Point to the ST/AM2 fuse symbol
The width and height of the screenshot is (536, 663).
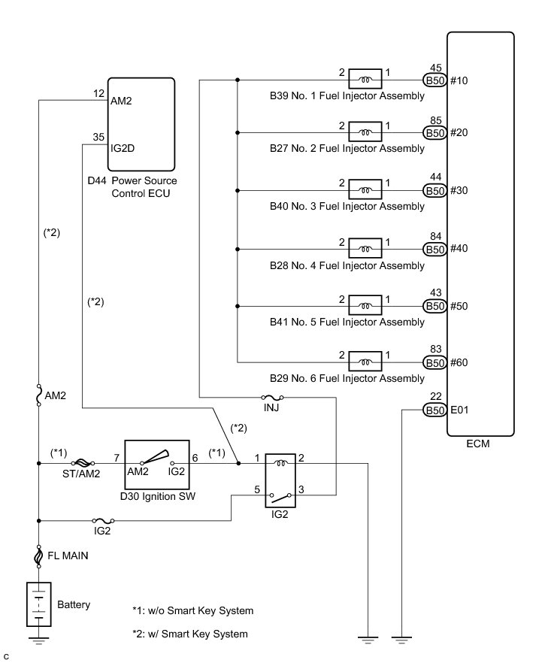point(80,464)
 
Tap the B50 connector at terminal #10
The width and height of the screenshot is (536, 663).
point(435,80)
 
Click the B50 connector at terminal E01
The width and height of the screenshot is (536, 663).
point(435,410)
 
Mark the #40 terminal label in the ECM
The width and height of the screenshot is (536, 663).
point(460,249)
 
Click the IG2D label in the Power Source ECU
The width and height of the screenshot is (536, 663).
point(123,148)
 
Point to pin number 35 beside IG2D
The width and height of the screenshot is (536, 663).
point(98,138)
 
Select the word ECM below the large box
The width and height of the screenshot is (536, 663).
point(477,444)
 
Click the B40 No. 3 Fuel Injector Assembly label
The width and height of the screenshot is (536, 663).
point(347,207)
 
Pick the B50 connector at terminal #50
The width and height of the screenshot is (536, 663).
point(435,305)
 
